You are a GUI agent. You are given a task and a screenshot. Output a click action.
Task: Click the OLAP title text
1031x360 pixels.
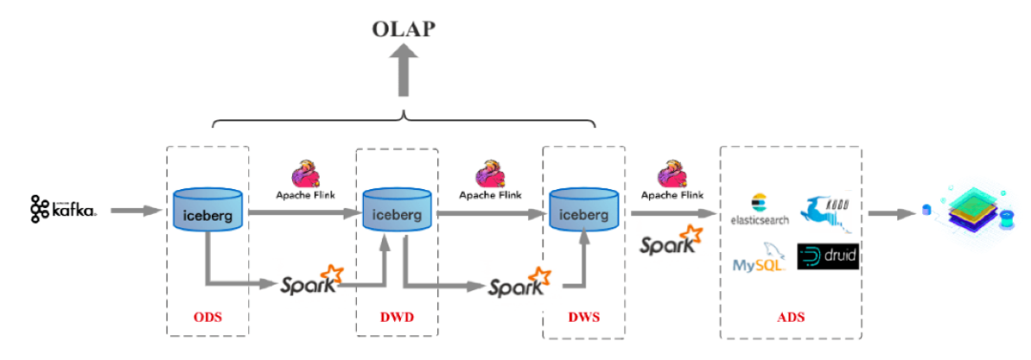click(403, 28)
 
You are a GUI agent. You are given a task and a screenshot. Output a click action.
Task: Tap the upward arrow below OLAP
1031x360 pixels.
click(405, 74)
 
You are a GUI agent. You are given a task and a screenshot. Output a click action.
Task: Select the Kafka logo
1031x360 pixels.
click(63, 208)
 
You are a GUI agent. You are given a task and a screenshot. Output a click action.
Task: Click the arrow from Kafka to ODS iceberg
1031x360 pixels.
click(135, 209)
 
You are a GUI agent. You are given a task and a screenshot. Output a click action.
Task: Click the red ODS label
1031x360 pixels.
click(207, 316)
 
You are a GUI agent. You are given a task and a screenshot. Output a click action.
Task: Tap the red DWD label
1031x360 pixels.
click(395, 316)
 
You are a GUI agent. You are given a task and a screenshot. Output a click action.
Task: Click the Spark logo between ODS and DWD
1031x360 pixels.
click(311, 282)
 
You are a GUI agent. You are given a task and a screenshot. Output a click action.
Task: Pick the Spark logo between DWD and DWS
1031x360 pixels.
click(519, 284)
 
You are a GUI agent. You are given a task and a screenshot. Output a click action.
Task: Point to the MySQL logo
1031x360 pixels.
click(760, 259)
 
